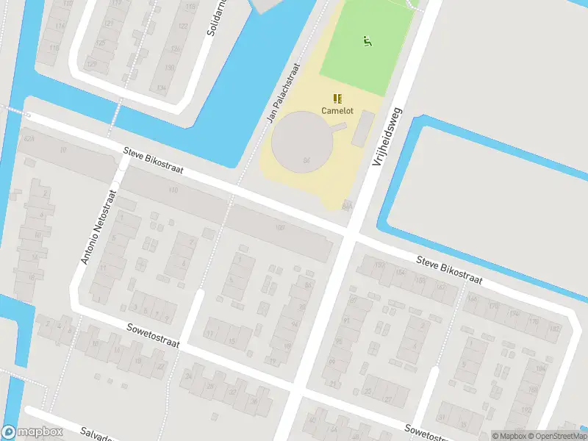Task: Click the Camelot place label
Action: pos(337,110)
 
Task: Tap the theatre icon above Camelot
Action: pos(337,98)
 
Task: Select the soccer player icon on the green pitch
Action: pos(366,40)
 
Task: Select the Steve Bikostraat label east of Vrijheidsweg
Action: pos(449,270)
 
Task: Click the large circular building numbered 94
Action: pos(303,141)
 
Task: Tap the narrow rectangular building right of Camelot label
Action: pos(362,128)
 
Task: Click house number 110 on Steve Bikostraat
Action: pos(173,190)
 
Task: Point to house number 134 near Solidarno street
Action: pos(161,87)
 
